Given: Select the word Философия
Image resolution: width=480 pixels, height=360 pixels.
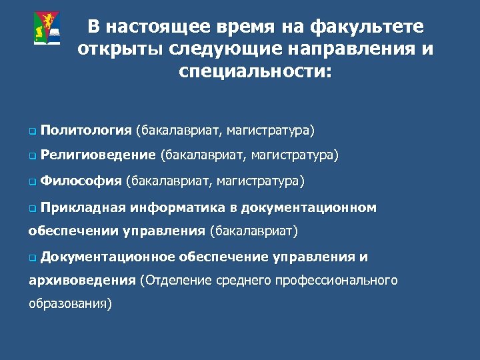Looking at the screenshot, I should click(81, 181).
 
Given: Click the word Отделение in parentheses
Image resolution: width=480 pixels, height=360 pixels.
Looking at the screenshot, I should click(175, 281).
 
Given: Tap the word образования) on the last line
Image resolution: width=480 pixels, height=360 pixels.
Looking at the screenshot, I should click(70, 304).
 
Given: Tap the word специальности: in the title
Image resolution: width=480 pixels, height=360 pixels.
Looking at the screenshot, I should click(255, 71).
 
